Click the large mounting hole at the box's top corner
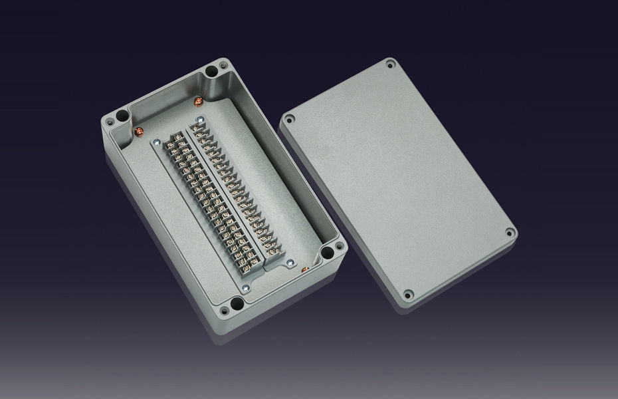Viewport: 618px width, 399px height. coord(211,70)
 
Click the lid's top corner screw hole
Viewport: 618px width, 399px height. coord(390,65)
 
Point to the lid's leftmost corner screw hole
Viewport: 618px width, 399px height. coord(289,120)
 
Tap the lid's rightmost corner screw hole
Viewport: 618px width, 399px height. coord(509,233)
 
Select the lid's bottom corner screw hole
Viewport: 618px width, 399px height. coord(409,293)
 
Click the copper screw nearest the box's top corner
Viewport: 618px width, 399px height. coord(197,101)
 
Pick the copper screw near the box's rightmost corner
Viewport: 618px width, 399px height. coord(304,269)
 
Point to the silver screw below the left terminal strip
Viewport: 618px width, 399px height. coord(245,288)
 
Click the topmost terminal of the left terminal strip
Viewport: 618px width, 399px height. coord(178,140)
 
